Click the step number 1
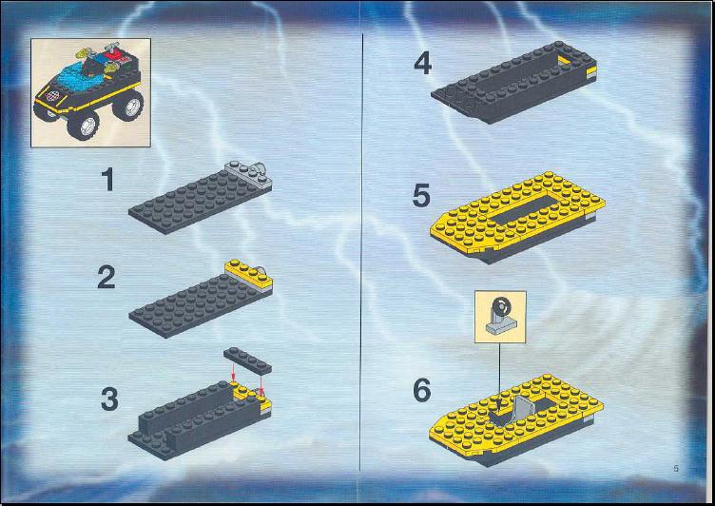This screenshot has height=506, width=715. click(108, 180)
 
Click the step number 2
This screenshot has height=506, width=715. click(106, 278)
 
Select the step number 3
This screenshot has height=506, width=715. click(109, 399)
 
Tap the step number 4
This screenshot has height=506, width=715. click(423, 64)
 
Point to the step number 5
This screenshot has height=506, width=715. click(421, 196)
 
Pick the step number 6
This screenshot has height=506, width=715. click(422, 391)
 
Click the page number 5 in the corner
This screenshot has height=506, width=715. click(676, 468)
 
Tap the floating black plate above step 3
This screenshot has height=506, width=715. click(247, 360)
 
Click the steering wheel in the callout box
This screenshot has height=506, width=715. click(502, 305)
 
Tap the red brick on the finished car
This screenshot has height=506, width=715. click(111, 57)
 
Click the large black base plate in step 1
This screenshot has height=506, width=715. click(193, 202)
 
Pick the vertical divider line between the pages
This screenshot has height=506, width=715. click(361, 252)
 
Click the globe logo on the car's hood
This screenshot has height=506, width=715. click(53, 95)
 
